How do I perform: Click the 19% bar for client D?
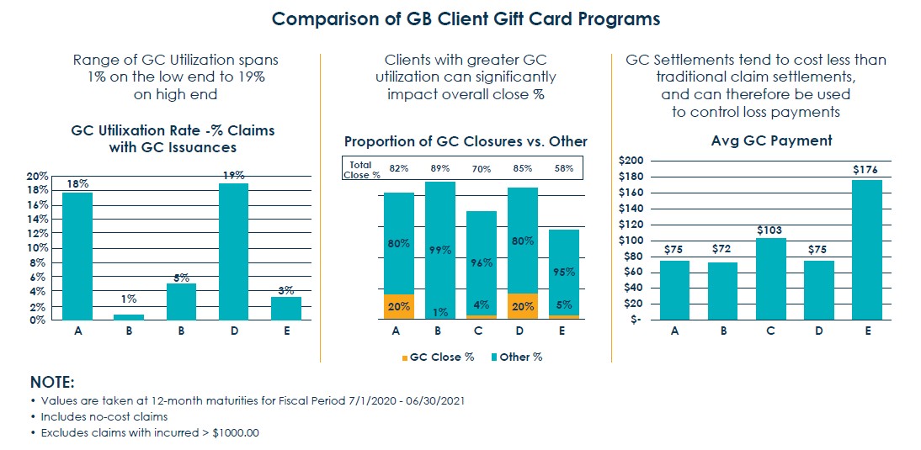pyautogui.click(x=233, y=251)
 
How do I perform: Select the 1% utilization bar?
pyautogui.click(x=128, y=316)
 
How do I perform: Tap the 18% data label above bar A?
pyautogui.click(x=77, y=183)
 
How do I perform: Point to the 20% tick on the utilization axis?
pyautogui.click(x=37, y=176)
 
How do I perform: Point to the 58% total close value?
pyautogui.click(x=563, y=168)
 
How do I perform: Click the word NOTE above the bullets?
pyautogui.click(x=52, y=380)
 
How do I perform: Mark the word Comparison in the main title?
pyautogui.click(x=333, y=18)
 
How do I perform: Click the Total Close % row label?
pyautogui.click(x=359, y=168)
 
